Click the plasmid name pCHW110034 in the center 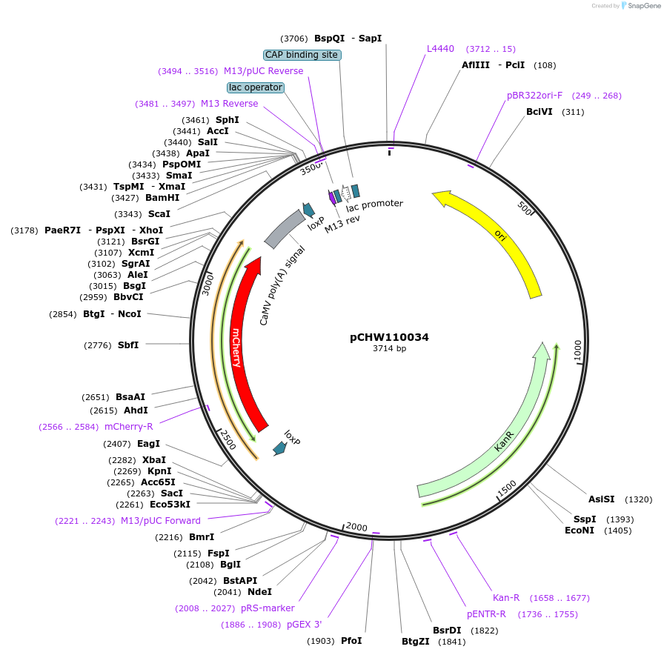(389, 337)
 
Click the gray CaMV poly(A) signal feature (284, 229)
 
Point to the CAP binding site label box (302, 55)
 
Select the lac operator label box (256, 87)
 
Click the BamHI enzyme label (162, 198)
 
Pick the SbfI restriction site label (127, 345)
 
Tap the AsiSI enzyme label (601, 499)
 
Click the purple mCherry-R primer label (128, 426)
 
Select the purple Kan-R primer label (506, 597)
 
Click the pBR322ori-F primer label (534, 96)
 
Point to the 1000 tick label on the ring (577, 350)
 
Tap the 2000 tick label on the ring (356, 527)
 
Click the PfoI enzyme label (351, 640)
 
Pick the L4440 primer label (440, 49)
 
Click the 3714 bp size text (389, 349)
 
